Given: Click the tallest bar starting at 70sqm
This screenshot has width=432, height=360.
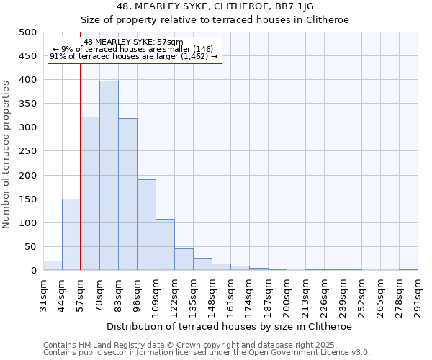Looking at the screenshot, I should click(x=109, y=176).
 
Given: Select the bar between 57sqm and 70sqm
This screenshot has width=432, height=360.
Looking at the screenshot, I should click(x=90, y=194).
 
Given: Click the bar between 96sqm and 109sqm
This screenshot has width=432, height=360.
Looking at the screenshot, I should click(x=146, y=225).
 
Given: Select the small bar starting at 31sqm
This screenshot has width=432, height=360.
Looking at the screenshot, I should click(x=53, y=266).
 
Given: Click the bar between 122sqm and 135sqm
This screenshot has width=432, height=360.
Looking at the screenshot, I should click(x=184, y=260).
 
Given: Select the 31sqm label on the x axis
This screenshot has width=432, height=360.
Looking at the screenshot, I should click(x=43, y=294).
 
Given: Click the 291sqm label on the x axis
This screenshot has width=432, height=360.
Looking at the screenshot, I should click(x=418, y=294).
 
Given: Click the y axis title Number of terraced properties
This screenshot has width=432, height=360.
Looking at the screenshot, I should click(x=6, y=154).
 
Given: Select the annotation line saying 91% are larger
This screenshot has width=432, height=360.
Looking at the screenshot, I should click(x=133, y=56).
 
